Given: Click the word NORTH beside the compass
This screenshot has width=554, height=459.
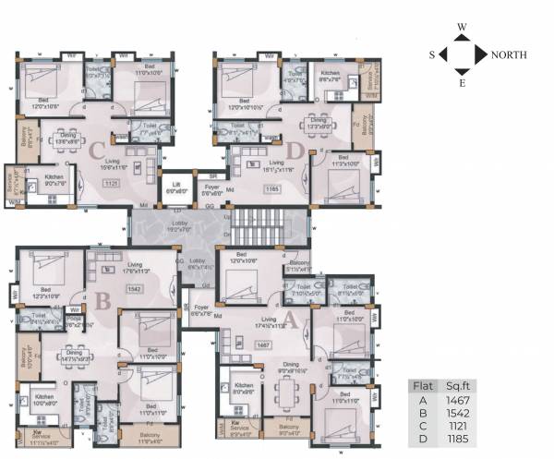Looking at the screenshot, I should click(509, 55).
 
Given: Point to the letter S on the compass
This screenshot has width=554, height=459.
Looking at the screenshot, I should click(431, 55).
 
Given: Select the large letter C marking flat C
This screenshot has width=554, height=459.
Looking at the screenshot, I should click(95, 151).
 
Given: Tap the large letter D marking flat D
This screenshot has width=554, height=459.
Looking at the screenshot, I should click(295, 151).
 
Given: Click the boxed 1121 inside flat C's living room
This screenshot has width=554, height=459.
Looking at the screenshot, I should click(113, 184).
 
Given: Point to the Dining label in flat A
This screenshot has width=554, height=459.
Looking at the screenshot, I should click(291, 364).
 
